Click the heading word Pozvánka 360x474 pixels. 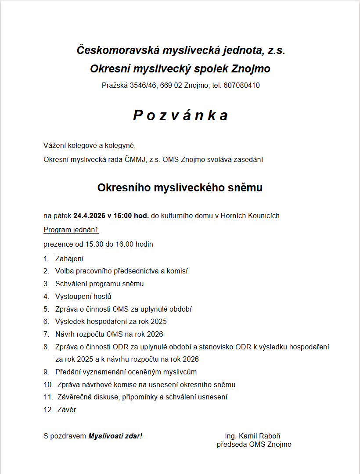[x=180, y=115]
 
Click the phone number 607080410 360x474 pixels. [x=241, y=86]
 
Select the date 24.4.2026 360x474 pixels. [x=90, y=216]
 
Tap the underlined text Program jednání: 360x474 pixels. [x=71, y=230]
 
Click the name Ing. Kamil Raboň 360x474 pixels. [x=252, y=436]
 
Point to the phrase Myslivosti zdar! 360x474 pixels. [x=115, y=436]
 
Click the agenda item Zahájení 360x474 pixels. [x=69, y=259]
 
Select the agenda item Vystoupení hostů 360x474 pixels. [x=83, y=296]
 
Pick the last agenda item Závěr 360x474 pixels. [x=67, y=410]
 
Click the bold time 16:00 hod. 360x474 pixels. [x=131, y=216]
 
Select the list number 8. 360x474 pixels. [x=46, y=347]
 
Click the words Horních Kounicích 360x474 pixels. [x=250, y=216]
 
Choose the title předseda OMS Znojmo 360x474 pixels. [x=254, y=445]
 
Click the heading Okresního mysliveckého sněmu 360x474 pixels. [x=180, y=188]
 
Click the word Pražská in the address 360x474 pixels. [x=115, y=86]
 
